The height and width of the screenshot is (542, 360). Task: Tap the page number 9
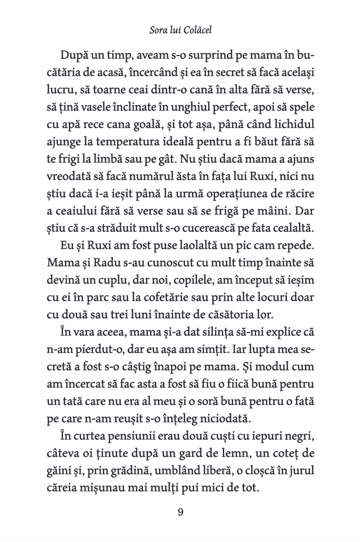pos(181,512)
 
